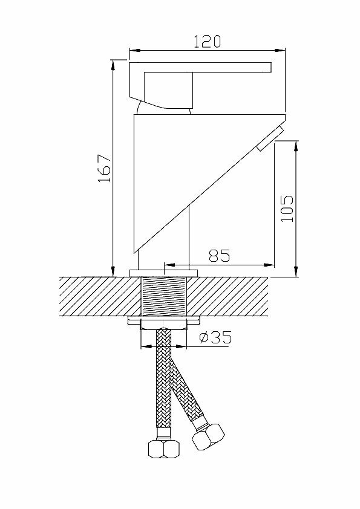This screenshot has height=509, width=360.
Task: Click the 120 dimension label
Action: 207,42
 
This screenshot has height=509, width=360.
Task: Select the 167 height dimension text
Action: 105,169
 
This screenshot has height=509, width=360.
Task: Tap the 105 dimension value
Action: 287,209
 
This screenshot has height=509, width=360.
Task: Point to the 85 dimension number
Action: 219,256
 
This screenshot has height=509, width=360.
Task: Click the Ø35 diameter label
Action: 215,337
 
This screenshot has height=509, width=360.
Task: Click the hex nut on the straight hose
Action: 164,449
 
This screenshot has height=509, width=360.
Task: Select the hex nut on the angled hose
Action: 208,437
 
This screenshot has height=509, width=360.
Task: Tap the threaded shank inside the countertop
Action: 164,296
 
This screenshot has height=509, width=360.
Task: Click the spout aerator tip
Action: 270,139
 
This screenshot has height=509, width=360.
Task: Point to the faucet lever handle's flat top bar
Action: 200,67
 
